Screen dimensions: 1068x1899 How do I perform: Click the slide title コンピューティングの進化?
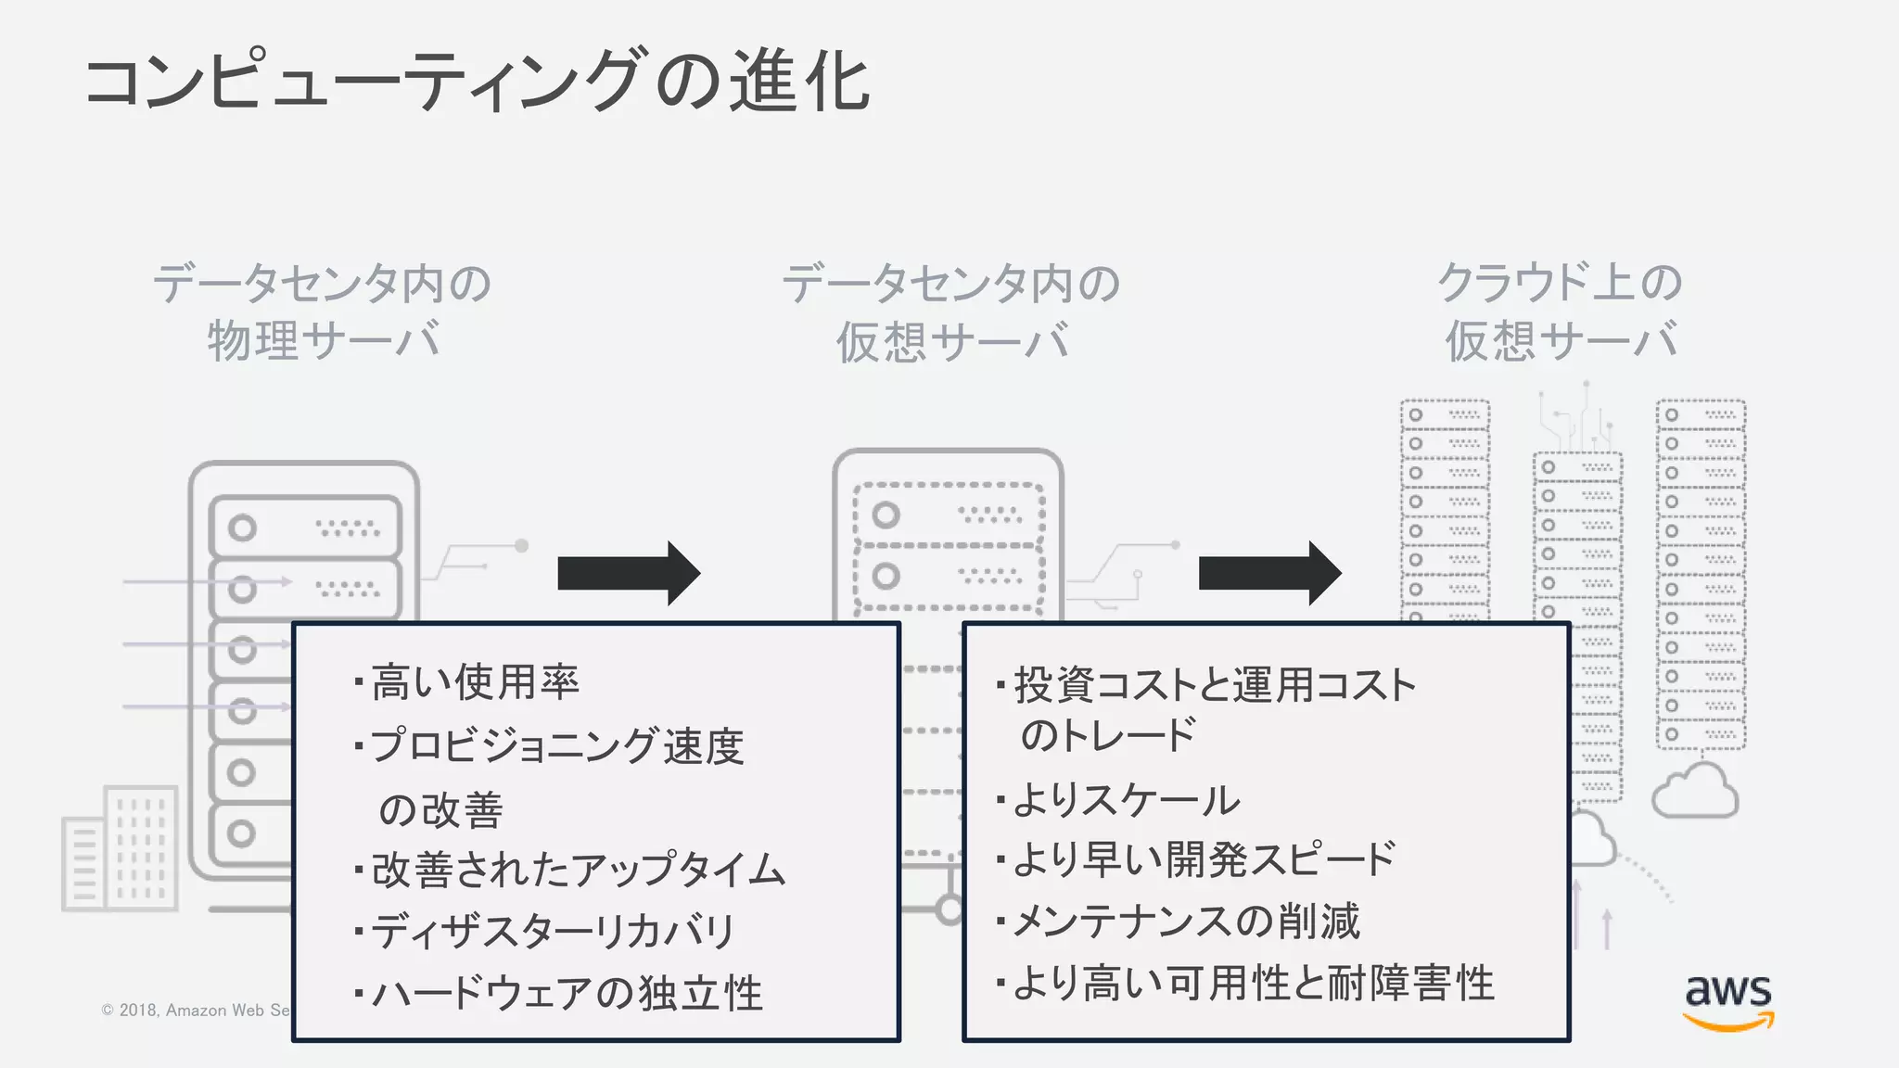coord(478,82)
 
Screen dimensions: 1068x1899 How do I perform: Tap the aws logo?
coord(1728,1001)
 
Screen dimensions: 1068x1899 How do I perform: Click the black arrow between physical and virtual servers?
coord(629,574)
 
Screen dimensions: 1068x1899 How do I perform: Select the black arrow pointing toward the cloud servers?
coord(1269,574)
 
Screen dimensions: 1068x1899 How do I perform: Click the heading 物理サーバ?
coord(323,340)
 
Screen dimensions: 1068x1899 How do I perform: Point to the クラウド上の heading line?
coord(1560,282)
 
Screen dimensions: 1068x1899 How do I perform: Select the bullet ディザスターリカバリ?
coord(553,931)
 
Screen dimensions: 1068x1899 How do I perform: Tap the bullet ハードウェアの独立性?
coord(567,993)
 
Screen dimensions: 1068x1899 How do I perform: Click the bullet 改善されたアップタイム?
coord(578,870)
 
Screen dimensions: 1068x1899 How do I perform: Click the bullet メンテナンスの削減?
coord(1186,922)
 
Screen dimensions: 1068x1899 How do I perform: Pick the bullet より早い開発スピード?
coord(1204,859)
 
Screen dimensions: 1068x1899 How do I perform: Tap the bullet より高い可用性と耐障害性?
coord(1253,983)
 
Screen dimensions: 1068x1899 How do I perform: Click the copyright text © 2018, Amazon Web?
coord(196,1011)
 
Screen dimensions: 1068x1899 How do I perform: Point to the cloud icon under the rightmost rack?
coord(1696,791)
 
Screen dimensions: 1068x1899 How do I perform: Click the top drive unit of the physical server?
coord(305,528)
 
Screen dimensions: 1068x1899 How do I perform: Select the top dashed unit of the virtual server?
coord(948,515)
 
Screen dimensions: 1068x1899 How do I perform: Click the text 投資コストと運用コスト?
coord(1215,685)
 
